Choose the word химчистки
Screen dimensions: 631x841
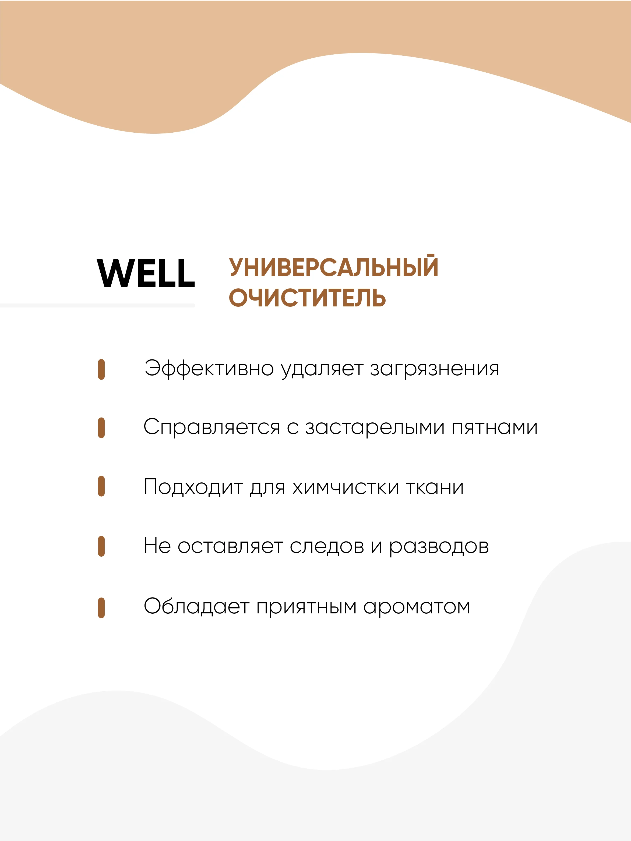[x=346, y=487]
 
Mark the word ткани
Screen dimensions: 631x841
[x=435, y=487]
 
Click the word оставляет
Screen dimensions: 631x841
[x=230, y=547]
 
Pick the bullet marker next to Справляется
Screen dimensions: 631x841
[x=101, y=428]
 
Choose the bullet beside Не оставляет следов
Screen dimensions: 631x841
[x=101, y=546]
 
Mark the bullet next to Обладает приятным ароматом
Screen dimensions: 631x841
[x=101, y=608]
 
